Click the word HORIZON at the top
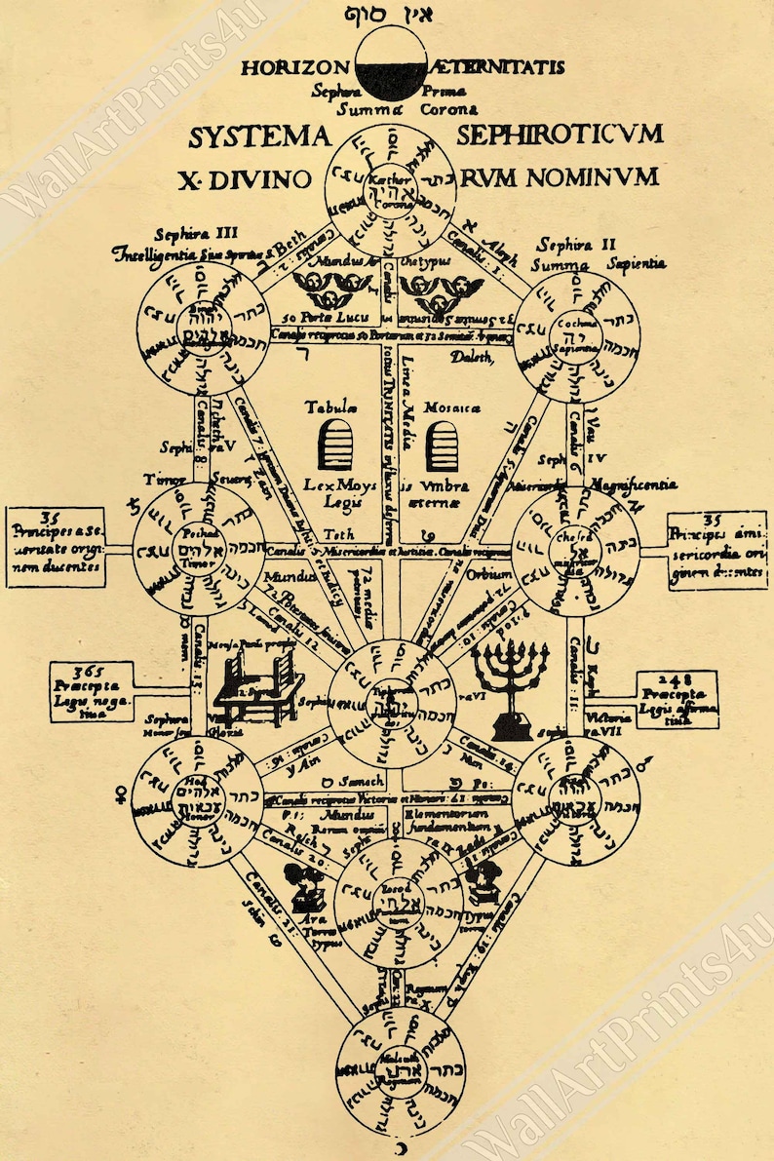(294, 68)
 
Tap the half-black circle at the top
(388, 60)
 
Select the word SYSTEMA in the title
(258, 136)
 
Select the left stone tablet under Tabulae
(334, 445)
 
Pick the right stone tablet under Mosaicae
(442, 445)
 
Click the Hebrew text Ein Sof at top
(388, 14)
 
